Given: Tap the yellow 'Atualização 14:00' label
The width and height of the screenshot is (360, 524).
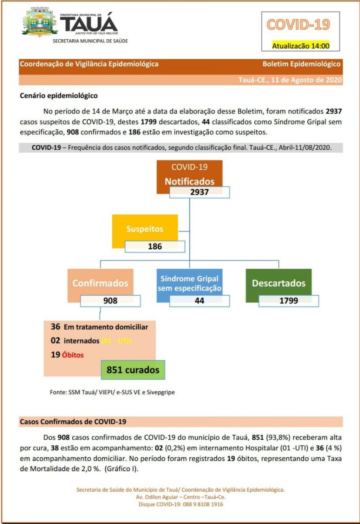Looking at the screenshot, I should coord(301,45).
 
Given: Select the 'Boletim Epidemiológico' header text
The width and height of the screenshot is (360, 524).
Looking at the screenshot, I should coord(302,64).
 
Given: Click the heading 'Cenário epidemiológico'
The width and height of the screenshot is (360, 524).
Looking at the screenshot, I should coord(59,95).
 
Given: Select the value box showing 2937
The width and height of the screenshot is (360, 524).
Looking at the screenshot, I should coord(199,192).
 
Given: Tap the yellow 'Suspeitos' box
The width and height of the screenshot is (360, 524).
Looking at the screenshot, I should coord(145,228).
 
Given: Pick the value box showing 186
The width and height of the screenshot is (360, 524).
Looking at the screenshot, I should coord(154,246).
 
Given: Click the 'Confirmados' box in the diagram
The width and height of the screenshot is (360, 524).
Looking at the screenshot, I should coord(100,283).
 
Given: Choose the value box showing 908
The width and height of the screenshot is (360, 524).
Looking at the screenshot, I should coord(110,301).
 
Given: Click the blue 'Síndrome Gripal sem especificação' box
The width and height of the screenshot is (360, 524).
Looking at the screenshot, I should coord(189,283).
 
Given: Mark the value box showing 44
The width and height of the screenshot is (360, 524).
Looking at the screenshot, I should coord(199,301).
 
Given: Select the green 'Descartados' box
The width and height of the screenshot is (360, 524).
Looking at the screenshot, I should coord(278,283).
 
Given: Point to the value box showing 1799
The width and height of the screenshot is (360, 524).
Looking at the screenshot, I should coord(288,301).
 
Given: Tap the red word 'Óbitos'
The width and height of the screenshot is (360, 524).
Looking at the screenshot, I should coord(72,355).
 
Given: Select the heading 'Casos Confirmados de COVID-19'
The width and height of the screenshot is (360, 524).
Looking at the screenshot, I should coord(73,421).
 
